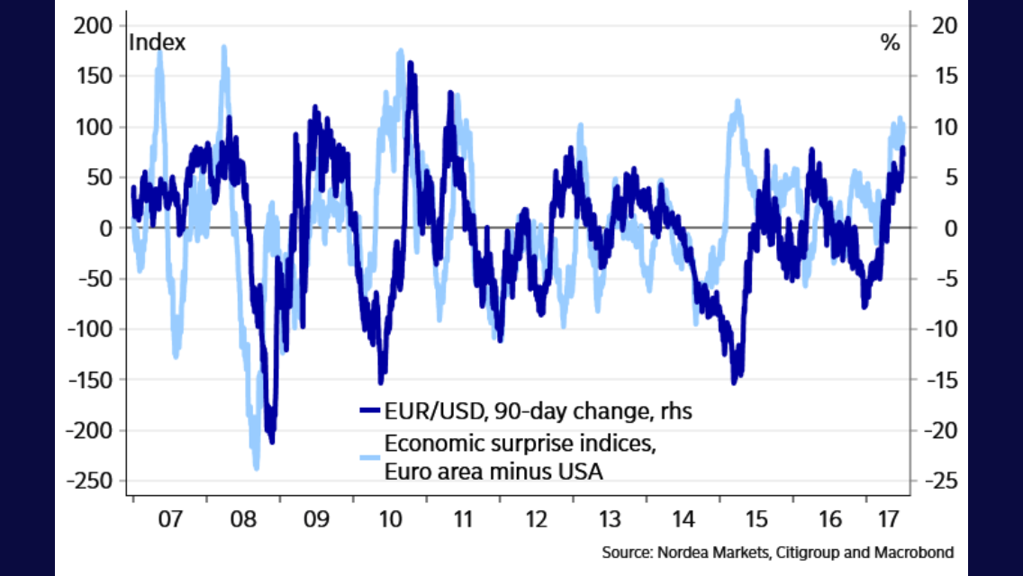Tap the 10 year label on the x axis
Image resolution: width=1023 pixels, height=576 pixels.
click(389, 519)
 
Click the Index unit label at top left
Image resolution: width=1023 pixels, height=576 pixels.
click(158, 42)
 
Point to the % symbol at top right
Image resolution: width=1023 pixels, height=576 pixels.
click(890, 42)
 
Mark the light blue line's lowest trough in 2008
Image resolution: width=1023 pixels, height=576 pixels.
click(256, 468)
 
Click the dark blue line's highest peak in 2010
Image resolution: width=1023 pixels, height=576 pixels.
click(410, 63)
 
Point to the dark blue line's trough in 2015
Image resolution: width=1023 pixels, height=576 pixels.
click(734, 382)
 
